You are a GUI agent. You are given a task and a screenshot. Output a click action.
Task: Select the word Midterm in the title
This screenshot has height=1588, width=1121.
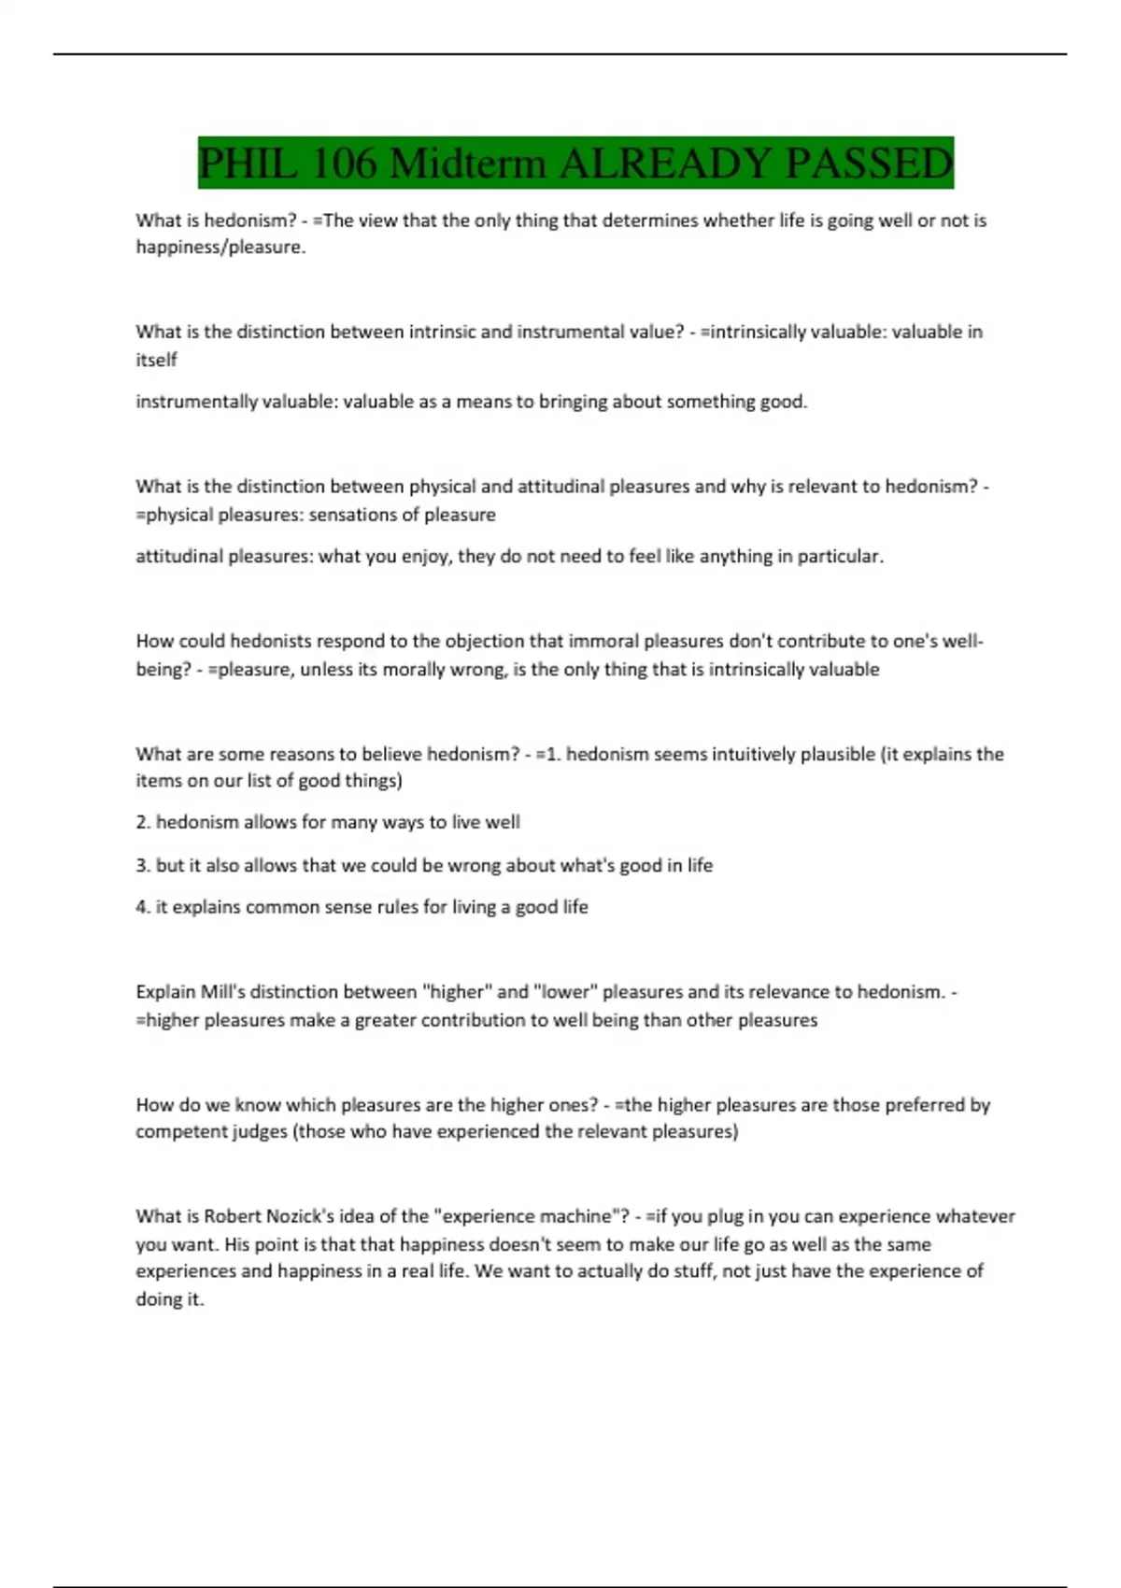tap(467, 163)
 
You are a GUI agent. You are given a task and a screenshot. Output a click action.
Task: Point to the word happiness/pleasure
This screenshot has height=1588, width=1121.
tap(220, 248)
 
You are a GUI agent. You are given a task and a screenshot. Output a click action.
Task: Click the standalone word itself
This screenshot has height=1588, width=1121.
tap(156, 360)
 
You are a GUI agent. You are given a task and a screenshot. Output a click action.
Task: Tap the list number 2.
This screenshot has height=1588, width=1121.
tap(143, 823)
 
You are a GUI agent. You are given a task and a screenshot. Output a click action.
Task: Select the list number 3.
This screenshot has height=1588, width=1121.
tap(143, 866)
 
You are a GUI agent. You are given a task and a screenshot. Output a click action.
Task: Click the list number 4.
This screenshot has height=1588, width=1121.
tap(143, 907)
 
